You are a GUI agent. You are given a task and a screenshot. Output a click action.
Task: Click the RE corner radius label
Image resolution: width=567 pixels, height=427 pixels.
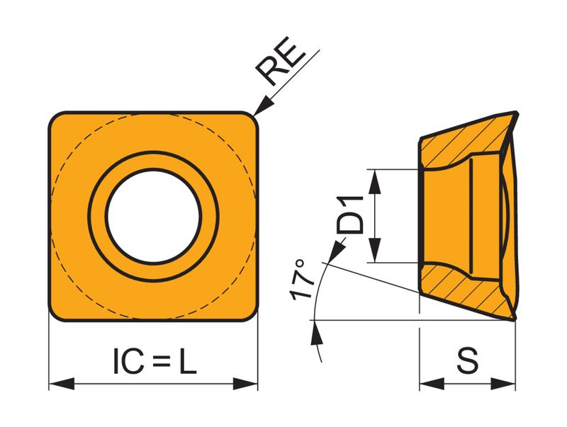(x=281, y=62)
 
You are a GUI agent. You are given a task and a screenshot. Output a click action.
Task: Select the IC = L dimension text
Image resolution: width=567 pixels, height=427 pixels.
(x=155, y=360)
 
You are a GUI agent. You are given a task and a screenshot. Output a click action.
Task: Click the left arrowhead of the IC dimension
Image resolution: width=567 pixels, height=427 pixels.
(x=62, y=384)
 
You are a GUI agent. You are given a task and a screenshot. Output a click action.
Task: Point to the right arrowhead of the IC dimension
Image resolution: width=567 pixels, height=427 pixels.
(x=245, y=384)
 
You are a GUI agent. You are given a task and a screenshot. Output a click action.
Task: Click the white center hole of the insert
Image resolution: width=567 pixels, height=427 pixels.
(x=153, y=217)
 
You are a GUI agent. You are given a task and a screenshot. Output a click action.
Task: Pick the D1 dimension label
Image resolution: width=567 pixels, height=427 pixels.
(x=349, y=215)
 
